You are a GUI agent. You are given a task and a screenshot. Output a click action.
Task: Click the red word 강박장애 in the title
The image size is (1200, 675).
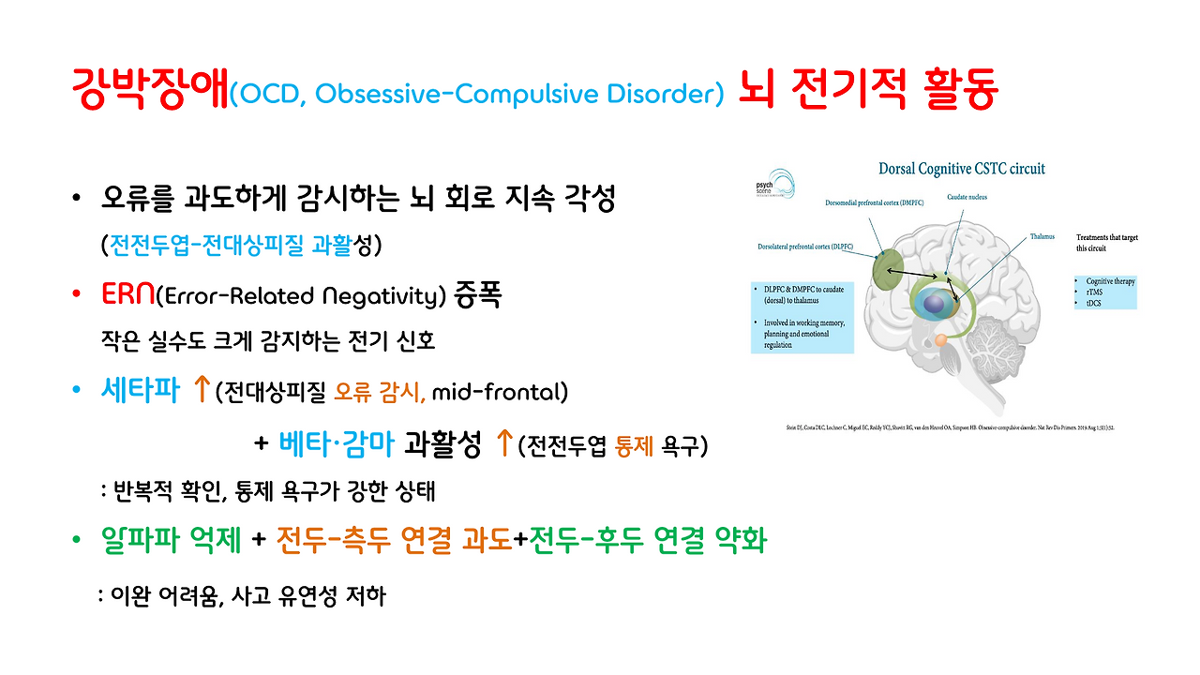(150, 91)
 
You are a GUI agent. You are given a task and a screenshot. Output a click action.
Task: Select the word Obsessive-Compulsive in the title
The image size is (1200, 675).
(442, 94)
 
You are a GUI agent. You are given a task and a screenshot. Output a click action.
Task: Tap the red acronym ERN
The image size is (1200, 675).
(127, 296)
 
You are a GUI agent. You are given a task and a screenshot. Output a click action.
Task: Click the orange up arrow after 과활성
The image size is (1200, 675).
(503, 442)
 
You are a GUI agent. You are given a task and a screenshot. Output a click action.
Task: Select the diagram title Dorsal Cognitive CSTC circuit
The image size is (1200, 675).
(961, 170)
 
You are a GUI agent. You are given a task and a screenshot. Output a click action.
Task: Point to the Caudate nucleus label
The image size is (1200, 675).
(967, 198)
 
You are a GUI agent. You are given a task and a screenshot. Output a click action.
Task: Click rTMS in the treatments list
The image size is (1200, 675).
(1093, 292)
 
